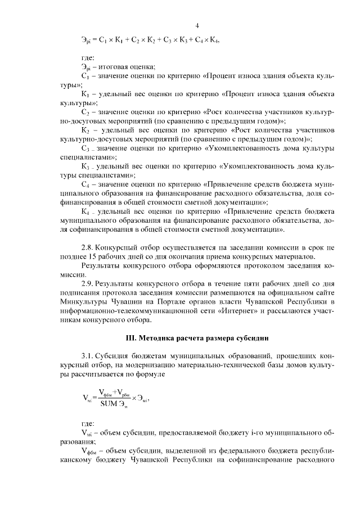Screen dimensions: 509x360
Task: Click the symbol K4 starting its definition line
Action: point(86,211)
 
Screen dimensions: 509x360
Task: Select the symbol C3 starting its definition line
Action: point(86,148)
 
